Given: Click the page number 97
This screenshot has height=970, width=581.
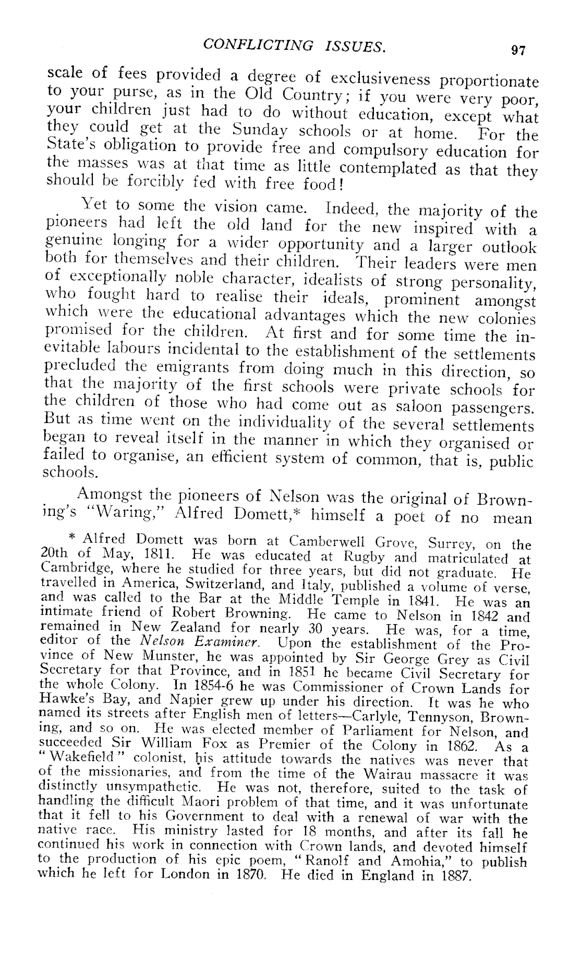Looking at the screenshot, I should [518, 50].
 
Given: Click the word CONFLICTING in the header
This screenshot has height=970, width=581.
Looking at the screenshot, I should [258, 45].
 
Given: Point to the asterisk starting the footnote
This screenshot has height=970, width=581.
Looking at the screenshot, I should [73, 537].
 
